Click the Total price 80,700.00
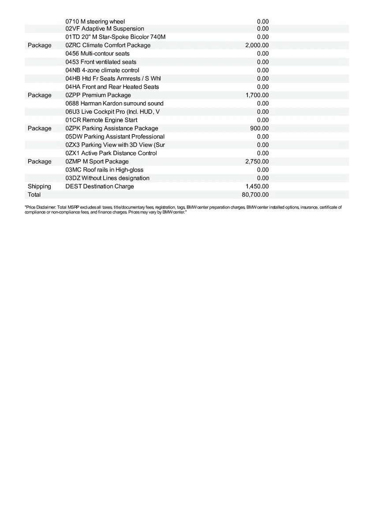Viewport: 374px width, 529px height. pos(255,195)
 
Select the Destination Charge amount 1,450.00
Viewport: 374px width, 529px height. pos(257,186)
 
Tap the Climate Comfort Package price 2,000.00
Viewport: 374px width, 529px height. pos(257,45)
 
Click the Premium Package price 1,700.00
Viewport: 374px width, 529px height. pos(257,95)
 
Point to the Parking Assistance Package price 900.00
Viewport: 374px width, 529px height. pos(259,128)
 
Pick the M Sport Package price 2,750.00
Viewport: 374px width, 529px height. pos(257,161)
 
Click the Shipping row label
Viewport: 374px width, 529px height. pos(39,186)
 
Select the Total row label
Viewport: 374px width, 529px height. pos(34,195)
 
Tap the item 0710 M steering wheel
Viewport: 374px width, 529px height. pos(95,21)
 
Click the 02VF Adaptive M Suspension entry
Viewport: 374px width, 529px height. pos(105,29)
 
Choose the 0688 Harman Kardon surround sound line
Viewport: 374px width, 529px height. pos(114,104)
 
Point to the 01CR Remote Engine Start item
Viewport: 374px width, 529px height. pos(101,120)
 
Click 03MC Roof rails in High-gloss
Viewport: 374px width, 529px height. pos(105,170)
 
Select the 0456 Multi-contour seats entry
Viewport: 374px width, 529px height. pos(97,53)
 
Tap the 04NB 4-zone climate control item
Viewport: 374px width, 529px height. pos(102,70)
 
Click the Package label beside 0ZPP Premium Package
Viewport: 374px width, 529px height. pos(39,95)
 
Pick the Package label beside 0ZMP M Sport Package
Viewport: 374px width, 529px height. pos(39,161)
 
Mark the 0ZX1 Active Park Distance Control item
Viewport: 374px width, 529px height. pos(111,153)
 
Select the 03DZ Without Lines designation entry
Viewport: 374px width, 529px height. pos(107,178)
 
